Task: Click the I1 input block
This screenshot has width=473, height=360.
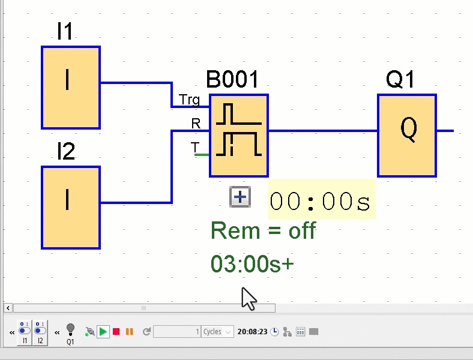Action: (x=70, y=88)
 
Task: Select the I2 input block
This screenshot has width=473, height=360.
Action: (x=70, y=208)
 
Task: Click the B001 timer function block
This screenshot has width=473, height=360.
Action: (x=238, y=136)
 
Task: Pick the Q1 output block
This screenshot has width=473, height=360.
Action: (x=406, y=136)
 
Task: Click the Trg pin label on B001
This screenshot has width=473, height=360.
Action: (x=189, y=100)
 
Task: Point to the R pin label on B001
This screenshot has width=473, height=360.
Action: (x=196, y=124)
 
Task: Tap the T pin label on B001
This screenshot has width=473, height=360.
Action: (x=194, y=147)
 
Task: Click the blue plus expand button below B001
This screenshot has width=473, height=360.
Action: (x=240, y=197)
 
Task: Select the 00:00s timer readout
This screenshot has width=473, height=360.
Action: (x=321, y=202)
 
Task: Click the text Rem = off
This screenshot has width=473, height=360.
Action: (x=263, y=231)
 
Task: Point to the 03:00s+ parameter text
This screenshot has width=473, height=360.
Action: (x=252, y=264)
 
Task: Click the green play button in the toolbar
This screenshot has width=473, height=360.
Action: (x=103, y=332)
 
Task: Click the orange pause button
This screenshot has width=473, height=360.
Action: (x=129, y=332)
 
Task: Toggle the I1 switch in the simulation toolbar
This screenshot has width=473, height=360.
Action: (x=25, y=332)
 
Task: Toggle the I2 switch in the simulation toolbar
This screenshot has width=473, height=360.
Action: (x=40, y=332)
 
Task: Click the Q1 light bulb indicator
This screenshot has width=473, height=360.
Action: (x=70, y=329)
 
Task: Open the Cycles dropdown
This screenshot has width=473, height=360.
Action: (x=217, y=332)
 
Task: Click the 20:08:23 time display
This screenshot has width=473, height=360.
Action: (x=252, y=332)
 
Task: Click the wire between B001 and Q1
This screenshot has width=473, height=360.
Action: (x=322, y=130)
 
